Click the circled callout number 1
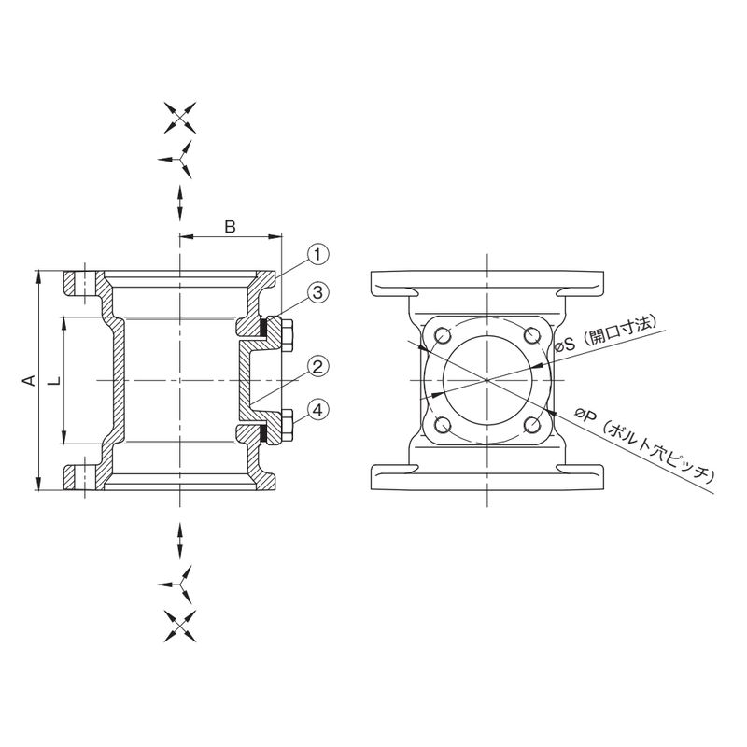click(x=318, y=254)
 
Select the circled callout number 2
click(x=317, y=367)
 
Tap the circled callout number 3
click(x=318, y=292)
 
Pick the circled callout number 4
click(x=317, y=409)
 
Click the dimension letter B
click(x=231, y=227)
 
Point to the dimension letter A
click(x=30, y=381)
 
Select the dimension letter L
click(x=56, y=381)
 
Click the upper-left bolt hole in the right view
click(x=443, y=336)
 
